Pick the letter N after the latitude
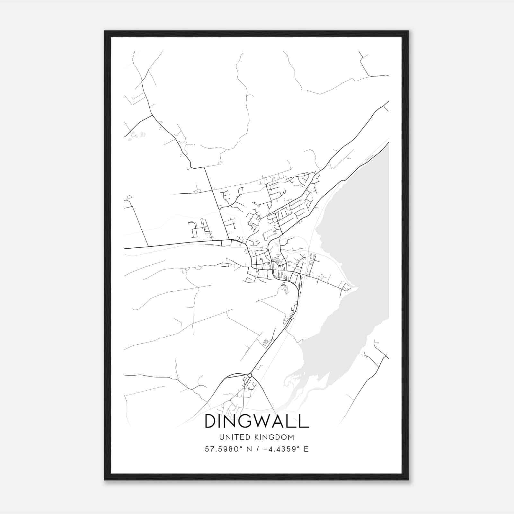(x=249, y=449)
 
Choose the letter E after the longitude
(x=306, y=449)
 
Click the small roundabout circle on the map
(x=250, y=375)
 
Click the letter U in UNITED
(x=222, y=437)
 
